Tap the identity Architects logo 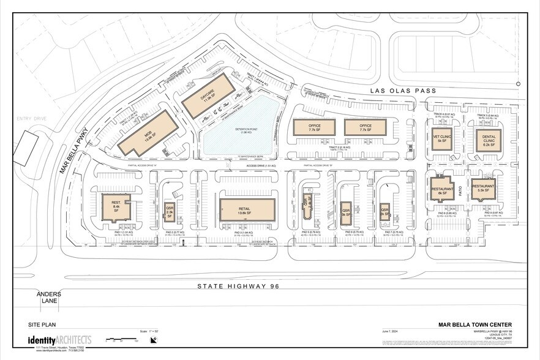[59, 340]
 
